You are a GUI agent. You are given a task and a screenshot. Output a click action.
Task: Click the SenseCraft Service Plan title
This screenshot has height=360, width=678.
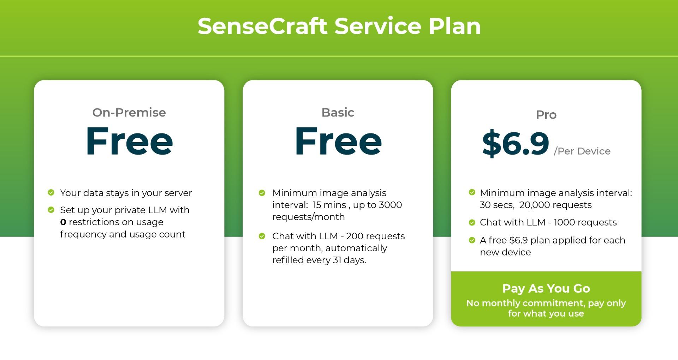click(x=339, y=26)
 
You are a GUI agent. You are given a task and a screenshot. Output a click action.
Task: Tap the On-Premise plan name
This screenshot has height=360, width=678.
click(x=129, y=112)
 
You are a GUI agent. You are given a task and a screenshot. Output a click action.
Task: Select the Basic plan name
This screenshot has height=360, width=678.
click(x=338, y=112)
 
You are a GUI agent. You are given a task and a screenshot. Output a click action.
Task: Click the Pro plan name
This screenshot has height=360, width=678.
click(x=546, y=115)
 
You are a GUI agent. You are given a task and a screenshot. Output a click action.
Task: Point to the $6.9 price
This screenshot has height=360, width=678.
click(x=515, y=143)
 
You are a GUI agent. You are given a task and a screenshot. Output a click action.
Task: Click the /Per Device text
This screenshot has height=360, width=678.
click(x=582, y=151)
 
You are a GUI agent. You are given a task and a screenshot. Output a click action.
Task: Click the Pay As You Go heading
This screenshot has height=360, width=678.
click(x=546, y=288)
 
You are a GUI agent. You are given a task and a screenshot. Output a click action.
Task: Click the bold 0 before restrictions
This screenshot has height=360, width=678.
click(x=63, y=222)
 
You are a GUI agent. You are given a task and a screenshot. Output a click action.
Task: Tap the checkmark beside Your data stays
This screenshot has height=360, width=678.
click(x=51, y=192)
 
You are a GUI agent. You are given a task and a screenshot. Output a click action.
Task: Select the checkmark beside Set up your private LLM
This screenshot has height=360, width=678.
click(x=51, y=210)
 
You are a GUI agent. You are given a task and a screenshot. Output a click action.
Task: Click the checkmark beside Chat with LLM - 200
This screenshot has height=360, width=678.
click(x=262, y=236)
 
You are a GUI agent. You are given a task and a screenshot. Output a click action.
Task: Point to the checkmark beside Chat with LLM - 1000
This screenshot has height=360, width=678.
click(x=472, y=222)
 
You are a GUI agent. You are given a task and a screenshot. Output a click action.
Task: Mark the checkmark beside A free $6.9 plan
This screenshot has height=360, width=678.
click(x=472, y=240)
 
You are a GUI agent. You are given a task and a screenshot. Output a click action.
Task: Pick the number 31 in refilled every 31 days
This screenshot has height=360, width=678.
click(x=338, y=260)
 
